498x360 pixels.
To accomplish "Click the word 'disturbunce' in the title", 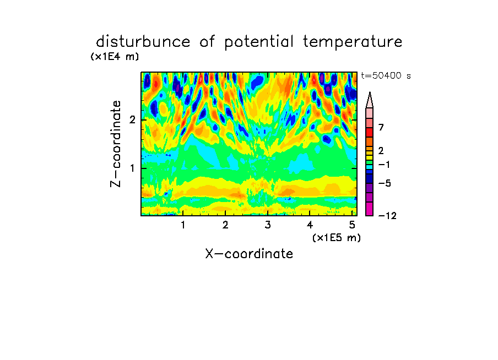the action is tap(143, 41).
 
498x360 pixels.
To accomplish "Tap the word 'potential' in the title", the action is tap(258, 42).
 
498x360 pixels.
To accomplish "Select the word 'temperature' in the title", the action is tap(352, 42).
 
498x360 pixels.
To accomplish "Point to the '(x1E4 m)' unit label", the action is tap(115, 57).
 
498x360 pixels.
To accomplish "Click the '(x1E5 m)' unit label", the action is tap(337, 238).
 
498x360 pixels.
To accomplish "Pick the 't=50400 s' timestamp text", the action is tap(386, 75).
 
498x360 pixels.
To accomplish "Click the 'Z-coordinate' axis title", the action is tap(116, 144).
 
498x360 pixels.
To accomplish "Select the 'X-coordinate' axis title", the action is tap(249, 254).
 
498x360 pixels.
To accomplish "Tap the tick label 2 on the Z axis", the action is tap(132, 120).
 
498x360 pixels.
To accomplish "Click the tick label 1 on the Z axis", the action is tap(132, 168).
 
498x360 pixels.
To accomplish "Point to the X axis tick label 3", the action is tap(268, 225).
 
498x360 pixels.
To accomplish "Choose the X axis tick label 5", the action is tap(352, 225).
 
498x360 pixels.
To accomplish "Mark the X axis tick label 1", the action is tap(183, 225).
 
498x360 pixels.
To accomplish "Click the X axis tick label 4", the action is tap(310, 225).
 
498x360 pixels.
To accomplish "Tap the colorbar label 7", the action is tap(381, 127).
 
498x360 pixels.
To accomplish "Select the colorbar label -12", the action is tap(387, 216).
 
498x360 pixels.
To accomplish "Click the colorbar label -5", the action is tap(385, 183).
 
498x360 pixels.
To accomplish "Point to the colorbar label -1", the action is tap(384, 165).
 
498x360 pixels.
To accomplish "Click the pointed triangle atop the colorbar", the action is tap(370, 100).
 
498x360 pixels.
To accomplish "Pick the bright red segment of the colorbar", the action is tap(370, 132).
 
